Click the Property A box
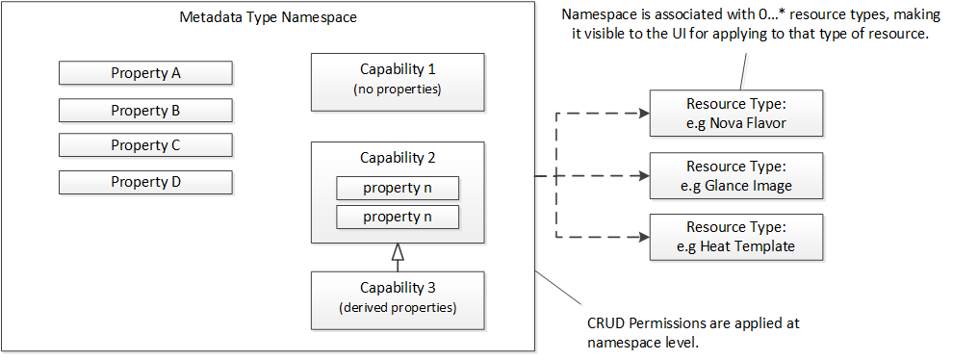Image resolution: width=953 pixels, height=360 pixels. [x=145, y=73]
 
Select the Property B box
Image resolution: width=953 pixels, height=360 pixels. [x=145, y=110]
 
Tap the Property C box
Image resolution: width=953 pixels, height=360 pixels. [x=145, y=145]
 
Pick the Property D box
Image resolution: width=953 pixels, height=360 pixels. [x=145, y=181]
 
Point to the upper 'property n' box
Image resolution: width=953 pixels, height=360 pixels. [x=398, y=188]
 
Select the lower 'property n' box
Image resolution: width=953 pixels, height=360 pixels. [x=398, y=217]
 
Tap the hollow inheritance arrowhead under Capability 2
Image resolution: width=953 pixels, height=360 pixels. [x=398, y=253]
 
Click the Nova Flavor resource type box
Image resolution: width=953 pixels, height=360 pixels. [x=735, y=113]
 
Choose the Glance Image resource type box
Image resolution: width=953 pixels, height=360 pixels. [x=735, y=176]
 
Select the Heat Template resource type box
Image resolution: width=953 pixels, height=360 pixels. [x=735, y=238]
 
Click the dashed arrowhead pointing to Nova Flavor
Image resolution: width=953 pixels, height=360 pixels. [x=643, y=113]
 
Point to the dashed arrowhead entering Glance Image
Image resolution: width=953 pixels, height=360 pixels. [x=643, y=176]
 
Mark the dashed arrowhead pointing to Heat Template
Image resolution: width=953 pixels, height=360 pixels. [x=643, y=238]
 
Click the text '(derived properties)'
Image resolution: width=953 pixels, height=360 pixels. [x=398, y=308]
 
